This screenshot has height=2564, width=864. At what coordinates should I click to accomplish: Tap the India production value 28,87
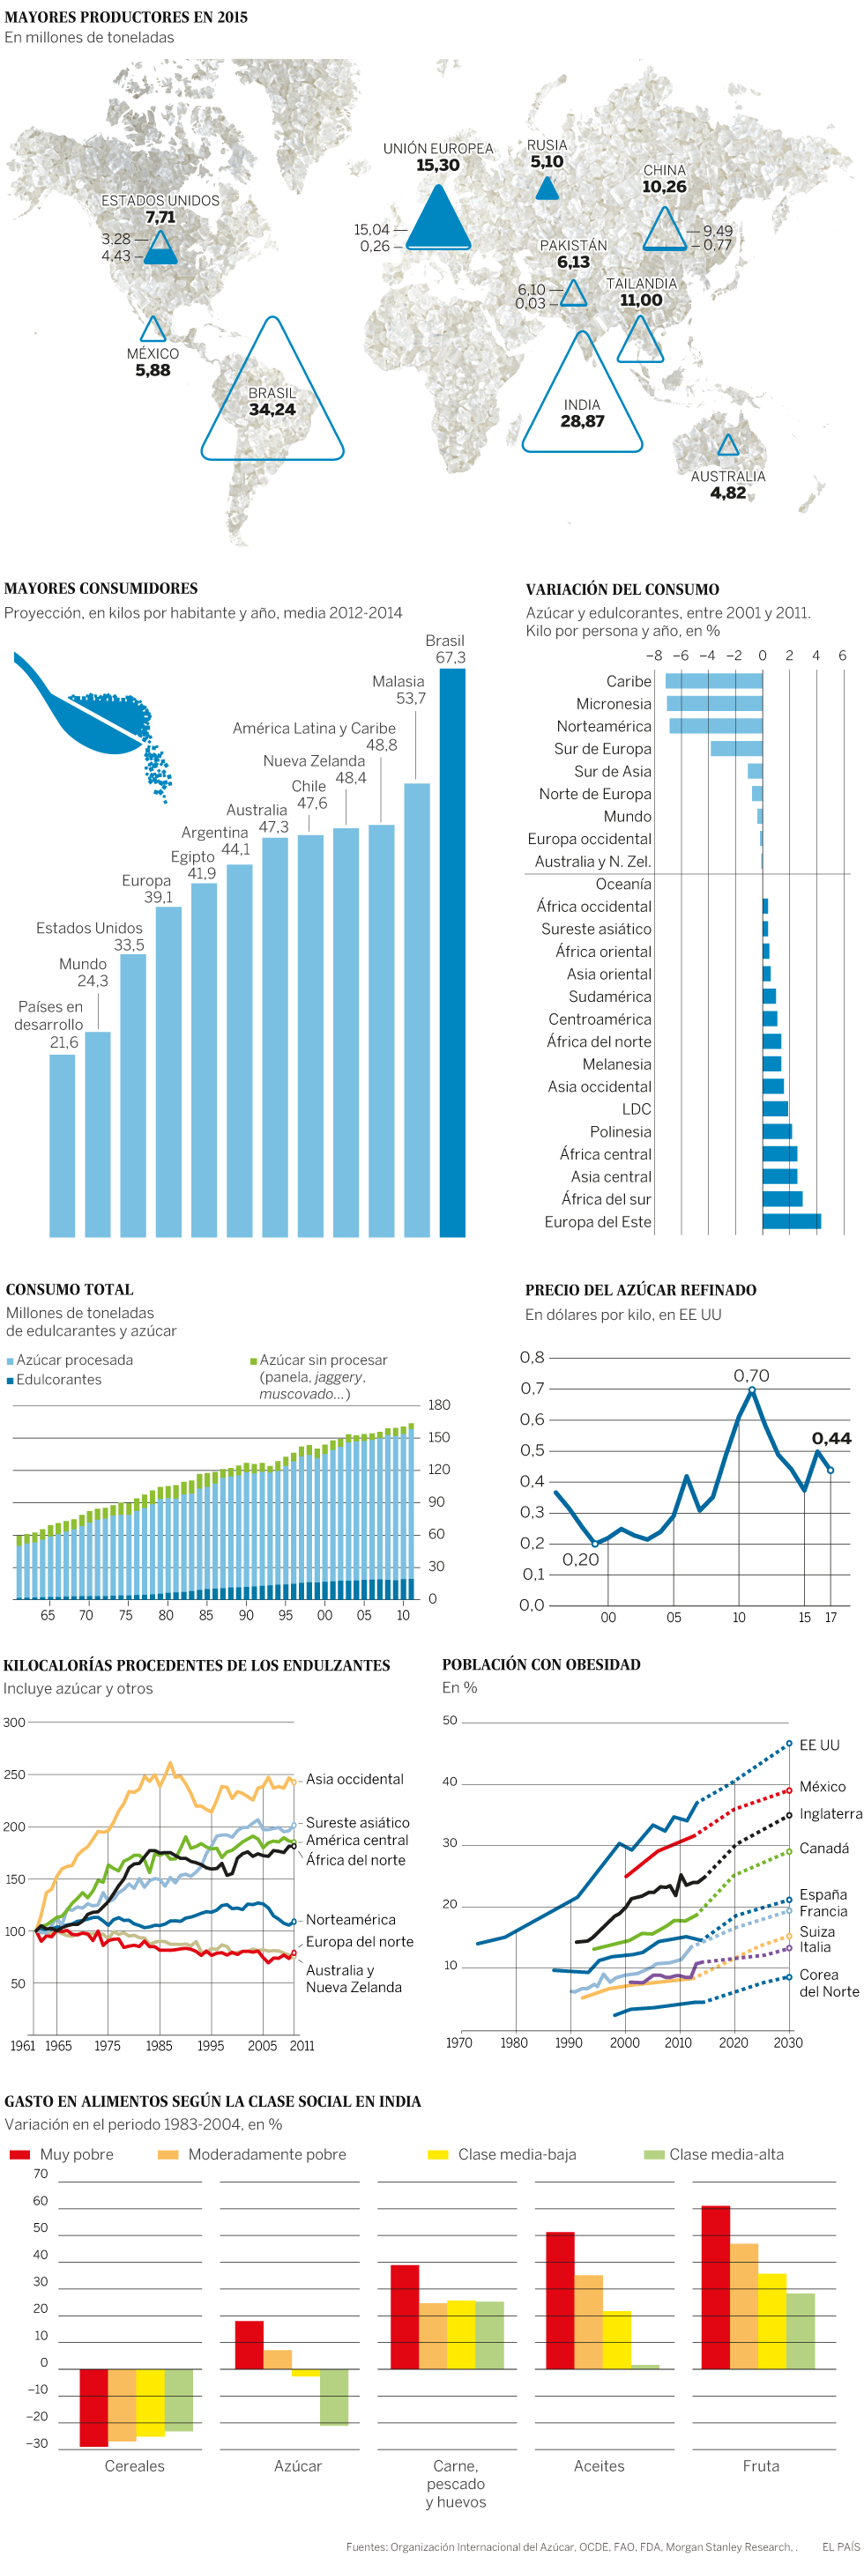(582, 422)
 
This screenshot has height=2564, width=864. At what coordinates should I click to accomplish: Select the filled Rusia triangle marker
(547, 189)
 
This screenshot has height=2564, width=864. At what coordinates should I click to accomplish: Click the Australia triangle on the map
(728, 447)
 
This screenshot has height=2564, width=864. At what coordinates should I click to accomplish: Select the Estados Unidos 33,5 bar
(133, 1095)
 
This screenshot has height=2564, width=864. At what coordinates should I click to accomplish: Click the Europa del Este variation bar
(792, 1221)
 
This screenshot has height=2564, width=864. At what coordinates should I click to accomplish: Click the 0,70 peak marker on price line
(751, 1389)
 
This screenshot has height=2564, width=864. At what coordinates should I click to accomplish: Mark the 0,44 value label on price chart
(831, 1438)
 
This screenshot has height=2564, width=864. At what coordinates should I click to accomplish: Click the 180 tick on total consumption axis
(439, 1404)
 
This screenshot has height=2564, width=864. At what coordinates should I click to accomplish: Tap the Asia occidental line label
(354, 1779)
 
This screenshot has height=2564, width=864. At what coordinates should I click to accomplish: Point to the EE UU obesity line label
(819, 1745)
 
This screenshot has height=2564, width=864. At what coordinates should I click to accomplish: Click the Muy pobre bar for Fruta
(716, 2287)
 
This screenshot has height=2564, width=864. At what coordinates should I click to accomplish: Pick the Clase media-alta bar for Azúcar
(334, 2397)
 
